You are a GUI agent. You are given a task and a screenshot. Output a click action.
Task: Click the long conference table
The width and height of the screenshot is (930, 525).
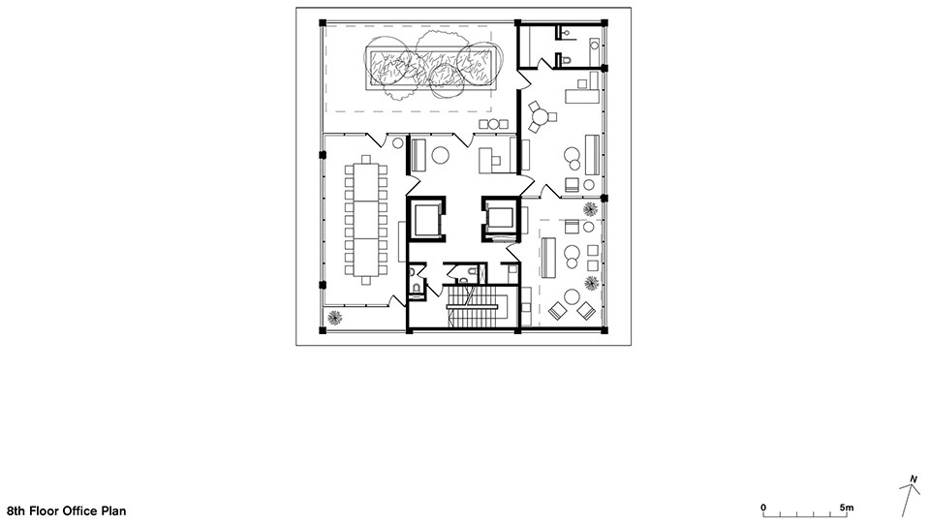(366, 220)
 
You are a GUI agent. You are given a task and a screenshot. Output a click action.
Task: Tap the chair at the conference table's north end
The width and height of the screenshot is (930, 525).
(366, 159)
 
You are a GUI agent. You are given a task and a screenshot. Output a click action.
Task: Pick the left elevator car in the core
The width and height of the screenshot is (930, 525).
(426, 220)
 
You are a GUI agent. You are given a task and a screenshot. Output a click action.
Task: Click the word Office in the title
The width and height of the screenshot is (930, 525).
(80, 510)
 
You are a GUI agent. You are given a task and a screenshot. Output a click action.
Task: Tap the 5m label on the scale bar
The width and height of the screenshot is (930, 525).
(847, 508)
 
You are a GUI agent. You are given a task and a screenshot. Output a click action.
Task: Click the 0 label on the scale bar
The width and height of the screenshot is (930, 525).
(763, 508)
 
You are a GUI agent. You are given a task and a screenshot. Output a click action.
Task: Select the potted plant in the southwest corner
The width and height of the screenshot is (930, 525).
(335, 318)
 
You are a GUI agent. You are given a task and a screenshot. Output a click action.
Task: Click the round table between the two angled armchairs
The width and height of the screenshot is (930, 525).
(572, 296)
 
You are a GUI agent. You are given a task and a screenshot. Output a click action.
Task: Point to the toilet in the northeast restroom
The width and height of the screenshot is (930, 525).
(565, 60)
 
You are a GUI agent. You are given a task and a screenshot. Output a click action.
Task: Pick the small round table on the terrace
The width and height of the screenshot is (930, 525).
(493, 124)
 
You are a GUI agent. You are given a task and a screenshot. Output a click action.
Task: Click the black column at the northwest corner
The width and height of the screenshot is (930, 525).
(323, 23)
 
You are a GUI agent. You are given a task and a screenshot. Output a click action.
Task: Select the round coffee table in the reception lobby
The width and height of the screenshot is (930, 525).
(440, 155)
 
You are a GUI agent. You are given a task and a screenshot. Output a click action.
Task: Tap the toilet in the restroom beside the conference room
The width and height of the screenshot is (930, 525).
(417, 288)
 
